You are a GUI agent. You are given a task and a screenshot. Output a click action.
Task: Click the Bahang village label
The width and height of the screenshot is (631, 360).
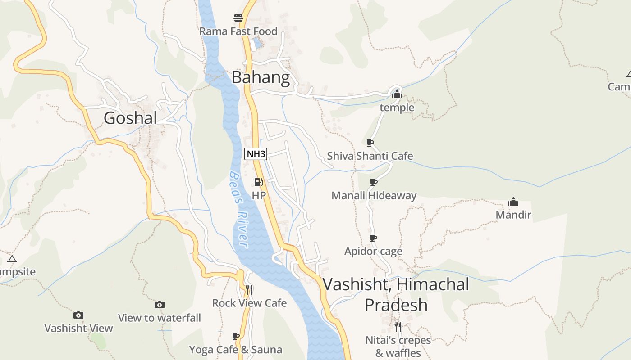pyautogui.click(x=261, y=77)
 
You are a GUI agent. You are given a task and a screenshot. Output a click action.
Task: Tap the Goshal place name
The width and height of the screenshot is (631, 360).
pyautogui.click(x=130, y=118)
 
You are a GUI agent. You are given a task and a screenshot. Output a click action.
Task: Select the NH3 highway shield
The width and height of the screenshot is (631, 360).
pyautogui.click(x=256, y=154)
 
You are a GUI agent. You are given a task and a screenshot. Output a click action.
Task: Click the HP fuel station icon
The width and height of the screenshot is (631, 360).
pyautogui.click(x=259, y=182)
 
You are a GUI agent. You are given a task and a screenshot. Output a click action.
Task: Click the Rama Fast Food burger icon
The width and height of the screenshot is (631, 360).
pyautogui.click(x=238, y=18)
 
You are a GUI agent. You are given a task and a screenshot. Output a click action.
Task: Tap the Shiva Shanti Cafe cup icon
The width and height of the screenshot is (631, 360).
pyautogui.click(x=370, y=143)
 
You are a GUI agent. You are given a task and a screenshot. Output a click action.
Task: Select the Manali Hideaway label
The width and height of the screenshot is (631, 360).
pyautogui.click(x=374, y=196)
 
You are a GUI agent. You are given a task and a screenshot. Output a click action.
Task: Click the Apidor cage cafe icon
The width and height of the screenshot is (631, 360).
pyautogui.click(x=373, y=238)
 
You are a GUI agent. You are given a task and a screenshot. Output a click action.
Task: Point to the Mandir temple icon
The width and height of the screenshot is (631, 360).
pyautogui.click(x=513, y=202)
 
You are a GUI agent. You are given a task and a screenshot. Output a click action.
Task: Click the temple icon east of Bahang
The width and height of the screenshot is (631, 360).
pyautogui.click(x=397, y=94)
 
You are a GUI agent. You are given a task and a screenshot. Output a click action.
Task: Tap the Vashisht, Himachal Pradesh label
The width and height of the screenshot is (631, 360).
pyautogui.click(x=396, y=294)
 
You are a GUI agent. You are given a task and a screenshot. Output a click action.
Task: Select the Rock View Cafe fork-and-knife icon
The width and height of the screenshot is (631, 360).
pyautogui.click(x=249, y=289)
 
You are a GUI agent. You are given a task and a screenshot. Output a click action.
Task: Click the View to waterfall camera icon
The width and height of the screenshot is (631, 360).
pyautogui.click(x=159, y=305)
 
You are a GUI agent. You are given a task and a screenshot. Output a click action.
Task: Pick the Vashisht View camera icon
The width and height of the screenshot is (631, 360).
pyautogui.click(x=78, y=315)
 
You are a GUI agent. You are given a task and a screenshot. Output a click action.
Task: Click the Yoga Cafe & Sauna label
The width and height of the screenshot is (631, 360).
pyautogui.click(x=235, y=350)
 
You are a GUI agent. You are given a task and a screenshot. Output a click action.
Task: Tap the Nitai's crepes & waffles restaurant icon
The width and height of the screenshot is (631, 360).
pyautogui.click(x=398, y=326)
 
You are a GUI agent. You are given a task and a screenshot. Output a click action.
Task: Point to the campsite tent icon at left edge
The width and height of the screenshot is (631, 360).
pyautogui.click(x=12, y=259)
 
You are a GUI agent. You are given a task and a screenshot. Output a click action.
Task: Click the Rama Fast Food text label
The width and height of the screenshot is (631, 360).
pyautogui.click(x=238, y=31)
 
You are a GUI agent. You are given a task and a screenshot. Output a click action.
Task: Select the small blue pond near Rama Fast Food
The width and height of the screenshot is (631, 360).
pyautogui.click(x=257, y=44)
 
